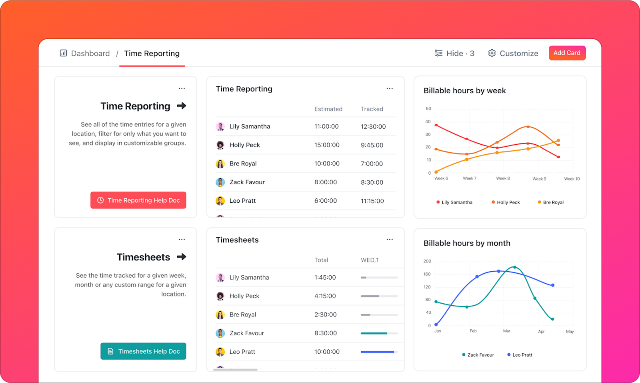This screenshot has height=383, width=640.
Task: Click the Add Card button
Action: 567,53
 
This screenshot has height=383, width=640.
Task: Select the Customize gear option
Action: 513,53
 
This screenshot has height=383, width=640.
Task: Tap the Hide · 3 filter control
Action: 454,53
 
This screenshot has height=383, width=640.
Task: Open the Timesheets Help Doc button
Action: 143,351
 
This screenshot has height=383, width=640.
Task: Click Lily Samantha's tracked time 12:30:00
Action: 373,127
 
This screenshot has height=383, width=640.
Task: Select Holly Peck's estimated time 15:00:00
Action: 327,145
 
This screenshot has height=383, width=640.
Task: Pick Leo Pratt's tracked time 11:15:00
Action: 372,201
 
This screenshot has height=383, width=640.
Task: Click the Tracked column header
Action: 372,109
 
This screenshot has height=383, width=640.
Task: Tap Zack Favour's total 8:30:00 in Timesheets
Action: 326,333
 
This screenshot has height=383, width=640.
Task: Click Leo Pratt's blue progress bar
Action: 378,352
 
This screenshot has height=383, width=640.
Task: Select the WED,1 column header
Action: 370,260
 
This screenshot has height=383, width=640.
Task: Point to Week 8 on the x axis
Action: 503,178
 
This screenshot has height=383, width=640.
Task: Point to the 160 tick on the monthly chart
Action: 427,274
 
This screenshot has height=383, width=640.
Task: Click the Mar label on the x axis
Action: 506,331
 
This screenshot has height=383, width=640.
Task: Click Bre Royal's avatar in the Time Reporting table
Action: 220,163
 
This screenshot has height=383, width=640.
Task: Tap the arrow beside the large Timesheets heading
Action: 182,257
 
